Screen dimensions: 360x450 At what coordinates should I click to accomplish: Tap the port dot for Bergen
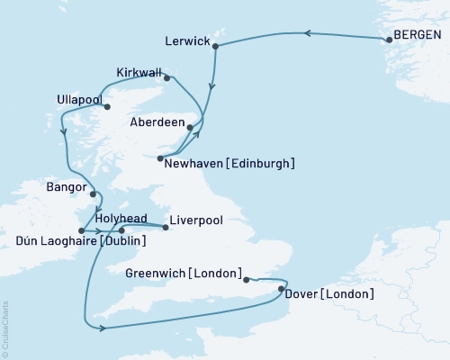coord(388,40)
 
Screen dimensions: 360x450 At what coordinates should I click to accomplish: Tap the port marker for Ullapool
coord(107,106)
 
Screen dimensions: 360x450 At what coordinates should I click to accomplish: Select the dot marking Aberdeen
coord(189,128)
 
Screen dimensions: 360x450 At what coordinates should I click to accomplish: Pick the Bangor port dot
coord(93,191)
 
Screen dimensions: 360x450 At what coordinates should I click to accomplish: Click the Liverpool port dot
coord(166,228)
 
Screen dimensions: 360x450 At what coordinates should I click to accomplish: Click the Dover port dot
coord(282,289)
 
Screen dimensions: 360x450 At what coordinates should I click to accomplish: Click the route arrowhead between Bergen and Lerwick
coord(306,33)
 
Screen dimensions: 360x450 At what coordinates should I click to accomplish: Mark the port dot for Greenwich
coord(247,280)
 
